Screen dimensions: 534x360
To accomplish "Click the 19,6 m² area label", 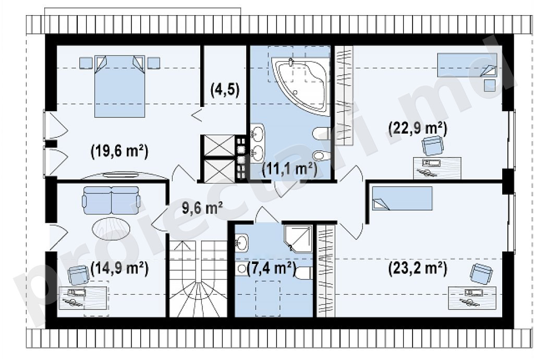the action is point(119,151).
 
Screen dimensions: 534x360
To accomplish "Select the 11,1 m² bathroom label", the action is point(290,169).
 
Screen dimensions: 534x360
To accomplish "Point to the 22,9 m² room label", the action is point(418,129).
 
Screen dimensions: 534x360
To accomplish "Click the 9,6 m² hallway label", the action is point(202,208).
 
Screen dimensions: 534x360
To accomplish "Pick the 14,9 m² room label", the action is point(119,269).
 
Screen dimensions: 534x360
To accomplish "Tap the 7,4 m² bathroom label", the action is point(271,269).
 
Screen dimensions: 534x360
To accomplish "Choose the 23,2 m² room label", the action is point(418,269).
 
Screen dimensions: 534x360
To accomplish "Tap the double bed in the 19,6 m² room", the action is point(119,86).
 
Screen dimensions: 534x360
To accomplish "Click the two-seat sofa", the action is point(111,200).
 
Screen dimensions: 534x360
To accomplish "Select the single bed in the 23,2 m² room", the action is point(402,198).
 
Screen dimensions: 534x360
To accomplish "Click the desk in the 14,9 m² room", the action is point(84,298).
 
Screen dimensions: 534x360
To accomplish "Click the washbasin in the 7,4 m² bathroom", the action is point(241,243).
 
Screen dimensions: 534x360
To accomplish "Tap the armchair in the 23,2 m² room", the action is point(481,274).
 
